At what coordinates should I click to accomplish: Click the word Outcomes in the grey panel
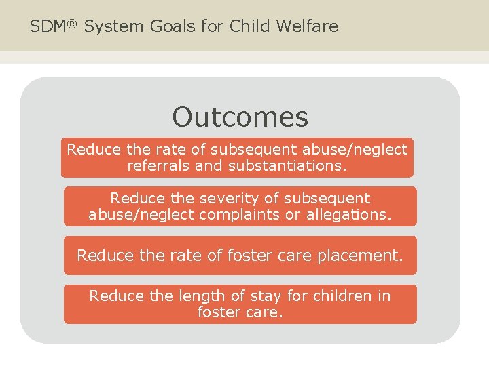[x=240, y=117]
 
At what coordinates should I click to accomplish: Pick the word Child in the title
[x=250, y=26]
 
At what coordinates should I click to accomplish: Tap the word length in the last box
[x=199, y=296]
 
